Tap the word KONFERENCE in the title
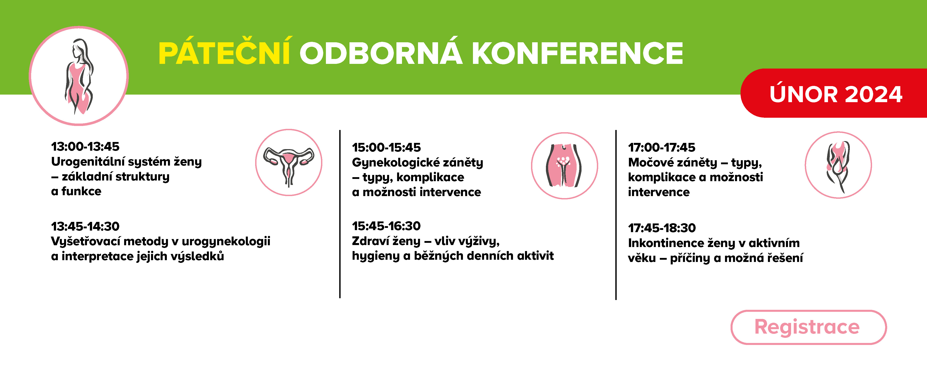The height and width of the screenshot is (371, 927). (577, 53)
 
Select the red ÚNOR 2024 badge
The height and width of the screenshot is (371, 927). (833, 93)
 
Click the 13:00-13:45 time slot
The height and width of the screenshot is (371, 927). (85, 146)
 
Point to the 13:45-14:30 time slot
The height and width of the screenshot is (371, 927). (85, 226)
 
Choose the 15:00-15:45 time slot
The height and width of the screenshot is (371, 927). (386, 147)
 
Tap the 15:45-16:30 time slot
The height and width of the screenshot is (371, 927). (386, 226)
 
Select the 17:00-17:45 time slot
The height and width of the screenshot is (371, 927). (662, 147)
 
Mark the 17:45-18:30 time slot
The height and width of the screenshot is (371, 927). (662, 228)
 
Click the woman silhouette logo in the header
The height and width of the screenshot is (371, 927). (79, 76)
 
